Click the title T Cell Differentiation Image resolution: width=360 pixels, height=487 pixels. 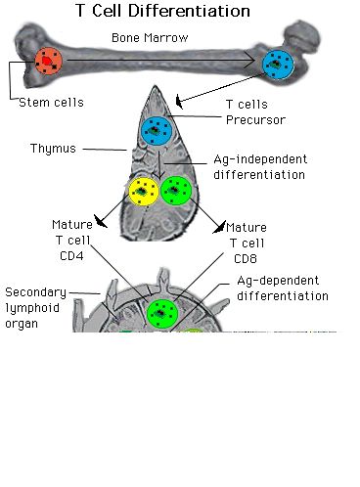162,11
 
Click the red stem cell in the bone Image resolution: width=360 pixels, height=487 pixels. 48,61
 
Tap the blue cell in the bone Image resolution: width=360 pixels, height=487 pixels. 278,65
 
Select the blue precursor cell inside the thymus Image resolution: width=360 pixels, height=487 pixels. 157,131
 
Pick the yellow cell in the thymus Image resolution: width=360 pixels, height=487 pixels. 144,192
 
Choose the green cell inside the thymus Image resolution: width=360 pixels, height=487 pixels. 176,191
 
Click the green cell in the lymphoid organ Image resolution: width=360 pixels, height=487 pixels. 162,314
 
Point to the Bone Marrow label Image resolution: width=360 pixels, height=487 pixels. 150,38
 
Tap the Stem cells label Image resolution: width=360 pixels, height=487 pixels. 51,103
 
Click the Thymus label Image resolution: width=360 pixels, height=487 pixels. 53,149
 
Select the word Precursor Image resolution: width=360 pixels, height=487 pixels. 256,120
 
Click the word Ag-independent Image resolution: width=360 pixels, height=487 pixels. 260,159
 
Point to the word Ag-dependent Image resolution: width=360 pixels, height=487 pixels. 278,281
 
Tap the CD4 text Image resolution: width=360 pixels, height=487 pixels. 71,256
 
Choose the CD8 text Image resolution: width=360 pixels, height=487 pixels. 246,258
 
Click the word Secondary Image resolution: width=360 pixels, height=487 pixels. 36,292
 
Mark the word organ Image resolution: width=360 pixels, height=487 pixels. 22,325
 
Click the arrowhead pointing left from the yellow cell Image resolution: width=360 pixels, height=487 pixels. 101,221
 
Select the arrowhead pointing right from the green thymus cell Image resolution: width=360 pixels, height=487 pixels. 219,227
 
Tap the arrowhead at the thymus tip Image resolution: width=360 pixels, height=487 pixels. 179,102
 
